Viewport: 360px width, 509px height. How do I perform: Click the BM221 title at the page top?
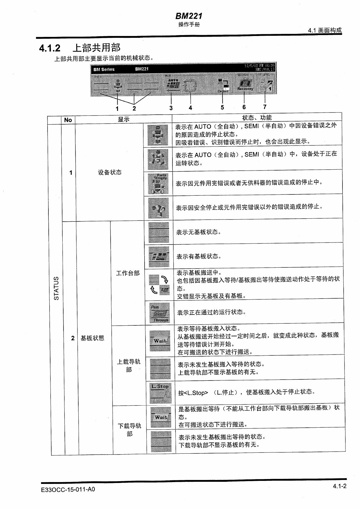(189, 16)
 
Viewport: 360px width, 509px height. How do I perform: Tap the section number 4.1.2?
(50, 48)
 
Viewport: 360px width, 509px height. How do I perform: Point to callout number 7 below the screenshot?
(265, 107)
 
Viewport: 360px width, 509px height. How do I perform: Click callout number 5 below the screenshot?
(222, 107)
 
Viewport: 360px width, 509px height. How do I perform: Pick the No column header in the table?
(68, 120)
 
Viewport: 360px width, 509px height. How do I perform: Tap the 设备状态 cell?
(110, 172)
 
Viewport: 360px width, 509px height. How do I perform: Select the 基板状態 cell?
(92, 338)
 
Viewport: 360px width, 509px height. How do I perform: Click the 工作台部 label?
(128, 273)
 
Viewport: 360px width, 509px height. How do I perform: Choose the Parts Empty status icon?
(158, 184)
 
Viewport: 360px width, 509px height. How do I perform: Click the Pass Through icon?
(159, 313)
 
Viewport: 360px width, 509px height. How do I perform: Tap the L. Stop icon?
(160, 393)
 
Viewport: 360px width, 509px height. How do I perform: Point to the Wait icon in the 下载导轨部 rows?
(161, 417)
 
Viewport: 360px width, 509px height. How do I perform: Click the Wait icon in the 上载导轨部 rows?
(160, 341)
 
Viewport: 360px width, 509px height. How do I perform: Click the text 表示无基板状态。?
(199, 232)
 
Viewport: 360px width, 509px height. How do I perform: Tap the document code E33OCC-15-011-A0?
(68, 489)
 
